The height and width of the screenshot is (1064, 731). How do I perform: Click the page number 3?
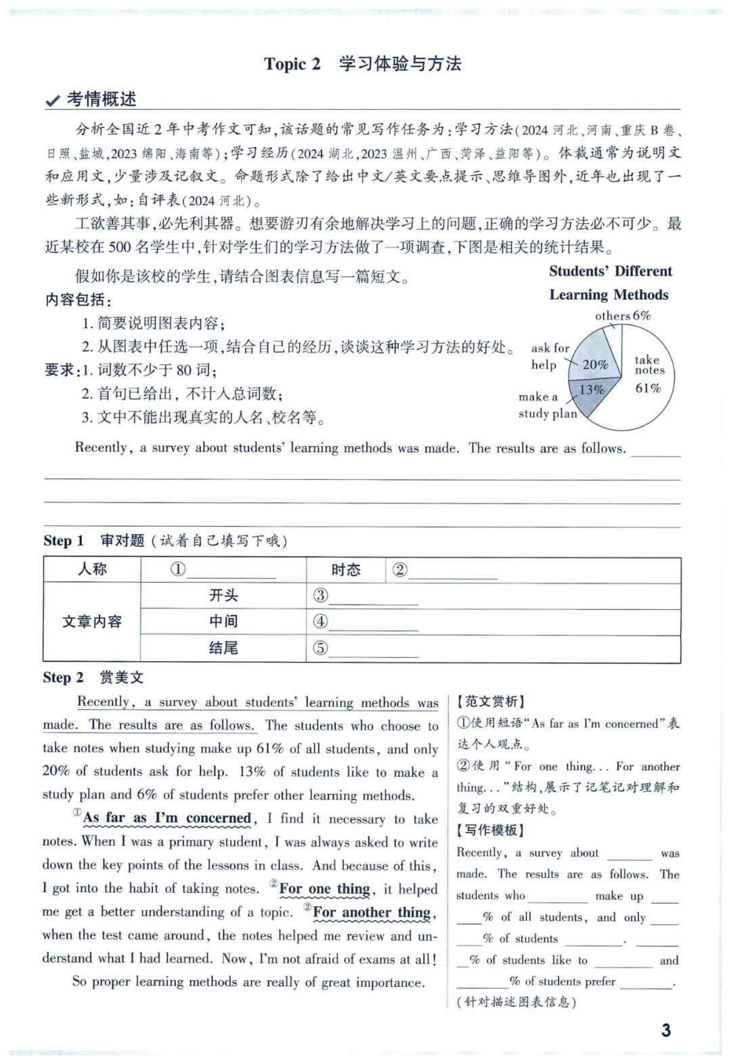[x=666, y=1030]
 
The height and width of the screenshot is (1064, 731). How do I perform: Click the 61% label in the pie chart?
[x=648, y=389]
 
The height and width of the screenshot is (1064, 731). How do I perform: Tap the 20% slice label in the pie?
[x=595, y=365]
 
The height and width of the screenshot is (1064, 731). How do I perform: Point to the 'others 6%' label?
[x=623, y=316]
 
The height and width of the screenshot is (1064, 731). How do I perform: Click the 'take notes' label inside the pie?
[x=649, y=365]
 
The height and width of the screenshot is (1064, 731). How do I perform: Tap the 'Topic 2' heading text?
[x=292, y=64]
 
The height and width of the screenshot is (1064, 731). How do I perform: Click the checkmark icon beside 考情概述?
[x=52, y=101]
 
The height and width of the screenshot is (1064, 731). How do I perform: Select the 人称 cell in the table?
[x=92, y=569]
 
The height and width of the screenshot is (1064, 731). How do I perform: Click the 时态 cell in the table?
[x=346, y=570]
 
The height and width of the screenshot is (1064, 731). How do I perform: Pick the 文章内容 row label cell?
[x=92, y=621]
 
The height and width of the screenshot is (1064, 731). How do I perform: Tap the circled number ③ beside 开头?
[x=320, y=596]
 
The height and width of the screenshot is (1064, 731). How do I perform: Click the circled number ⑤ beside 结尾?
[x=320, y=648]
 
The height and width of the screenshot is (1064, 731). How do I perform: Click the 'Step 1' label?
[x=63, y=541]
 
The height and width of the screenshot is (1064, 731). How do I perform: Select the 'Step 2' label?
[x=63, y=678]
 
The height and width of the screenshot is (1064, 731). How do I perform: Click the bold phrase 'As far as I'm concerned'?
[x=167, y=818]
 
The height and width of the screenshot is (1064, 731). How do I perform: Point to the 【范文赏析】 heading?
[x=491, y=702]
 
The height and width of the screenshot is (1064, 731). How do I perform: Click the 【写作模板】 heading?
[x=491, y=830]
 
